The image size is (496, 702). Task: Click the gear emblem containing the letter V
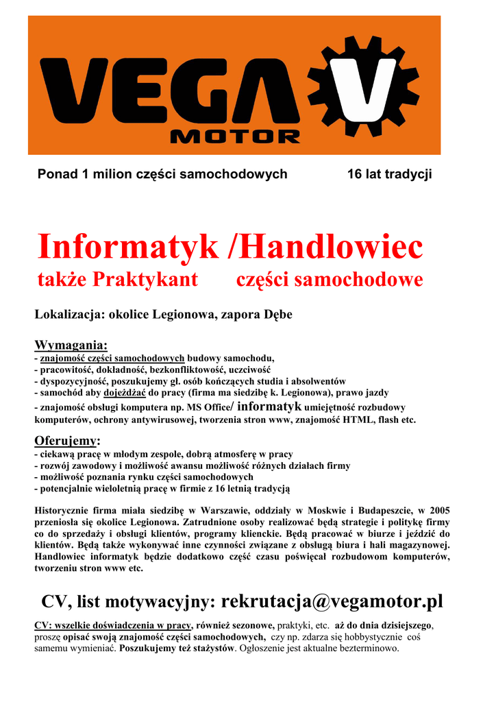point(364,86)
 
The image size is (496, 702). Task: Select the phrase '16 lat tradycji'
point(389,174)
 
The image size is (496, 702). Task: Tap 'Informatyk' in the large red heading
point(128,247)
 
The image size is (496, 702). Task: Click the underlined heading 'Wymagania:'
point(71,344)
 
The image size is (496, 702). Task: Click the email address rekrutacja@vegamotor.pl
point(332,602)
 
